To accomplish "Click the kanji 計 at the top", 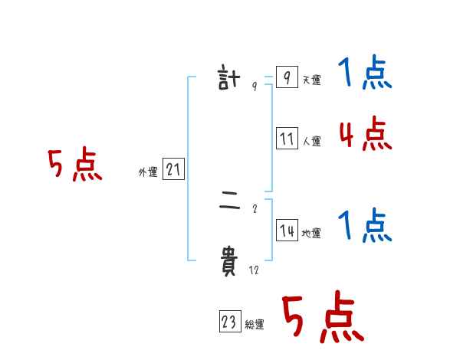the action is pyautogui.click(x=229, y=79).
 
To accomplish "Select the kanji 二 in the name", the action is pyautogui.click(x=229, y=203).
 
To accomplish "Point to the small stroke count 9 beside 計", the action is pyautogui.click(x=254, y=87).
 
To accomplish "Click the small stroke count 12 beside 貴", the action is pyautogui.click(x=254, y=270).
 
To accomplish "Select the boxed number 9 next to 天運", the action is pyautogui.click(x=286, y=77).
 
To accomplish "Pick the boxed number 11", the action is pyautogui.click(x=287, y=139).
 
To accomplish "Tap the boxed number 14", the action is pyautogui.click(x=287, y=231).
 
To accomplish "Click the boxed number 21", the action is pyautogui.click(x=173, y=169).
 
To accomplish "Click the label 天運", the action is pyautogui.click(x=311, y=80).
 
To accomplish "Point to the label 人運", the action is pyautogui.click(x=311, y=142).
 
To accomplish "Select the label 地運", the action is pyautogui.click(x=311, y=234).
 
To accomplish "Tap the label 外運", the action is pyautogui.click(x=148, y=172).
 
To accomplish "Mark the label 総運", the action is pyautogui.click(x=255, y=326).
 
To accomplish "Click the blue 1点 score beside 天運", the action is pyautogui.click(x=364, y=74).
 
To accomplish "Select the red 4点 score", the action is pyautogui.click(x=365, y=135).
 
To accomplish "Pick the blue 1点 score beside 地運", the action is pyautogui.click(x=364, y=227).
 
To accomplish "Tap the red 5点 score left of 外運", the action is pyautogui.click(x=74, y=165).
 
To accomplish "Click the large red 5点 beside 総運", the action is pyautogui.click(x=323, y=318).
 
